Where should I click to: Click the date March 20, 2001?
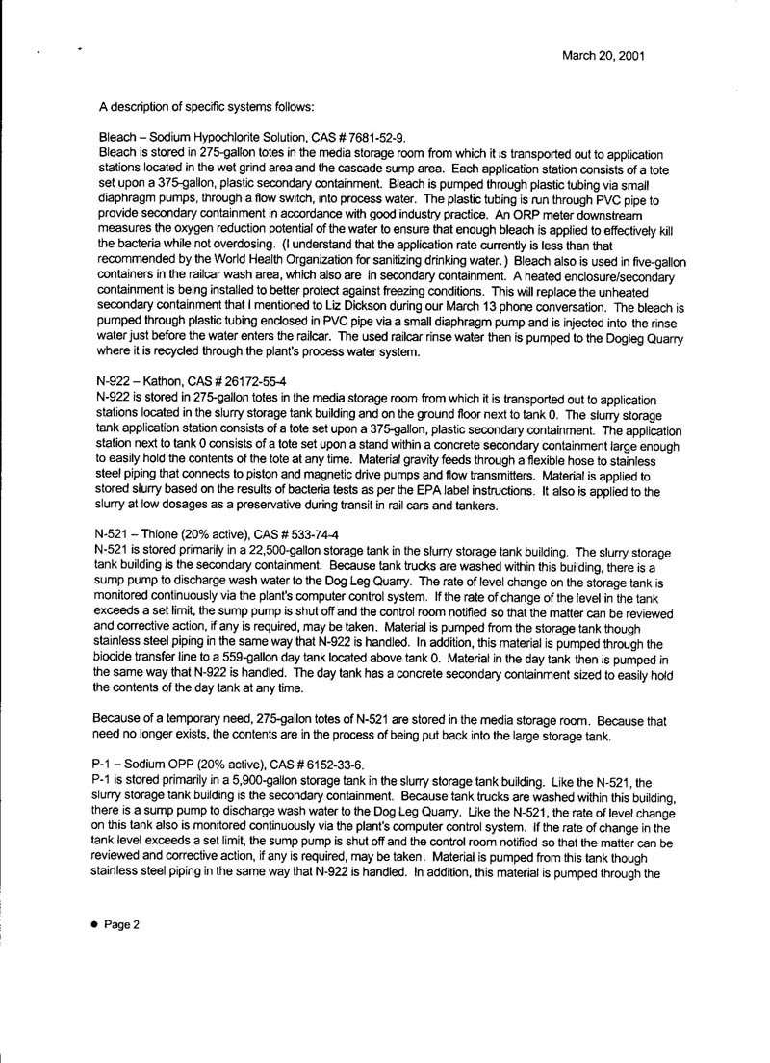click(603, 56)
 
